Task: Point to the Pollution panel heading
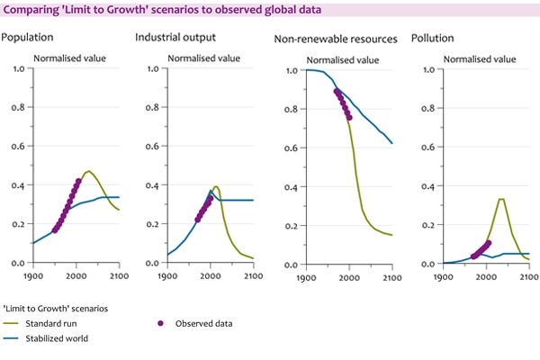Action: coord(432,40)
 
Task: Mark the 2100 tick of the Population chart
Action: coord(119,275)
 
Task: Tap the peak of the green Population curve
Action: coord(89,171)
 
